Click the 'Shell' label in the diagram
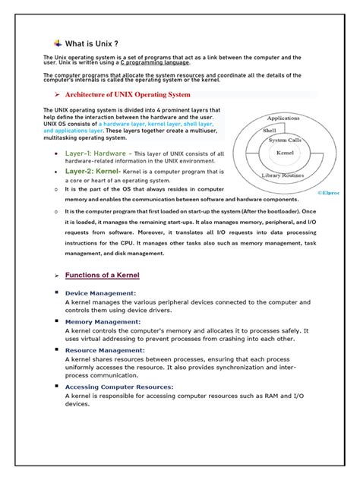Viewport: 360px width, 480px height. click(270, 130)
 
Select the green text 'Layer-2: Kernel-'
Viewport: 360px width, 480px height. click(93, 171)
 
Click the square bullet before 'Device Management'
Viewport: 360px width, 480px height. click(56, 292)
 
